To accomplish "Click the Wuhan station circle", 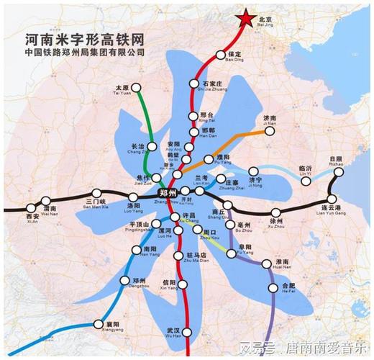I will [x=181, y=330].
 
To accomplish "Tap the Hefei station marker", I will [x=273, y=288].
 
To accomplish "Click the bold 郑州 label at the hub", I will [x=170, y=193].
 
